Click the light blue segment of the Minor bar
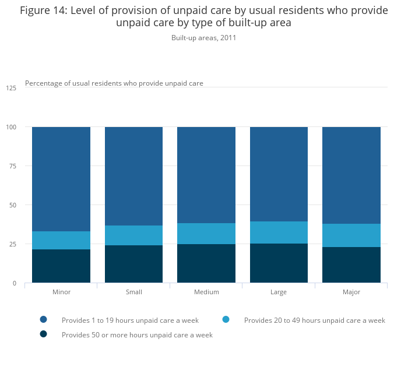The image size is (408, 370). pos(61,240)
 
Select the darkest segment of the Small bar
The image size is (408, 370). pos(133,264)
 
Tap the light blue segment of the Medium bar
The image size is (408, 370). pos(206,233)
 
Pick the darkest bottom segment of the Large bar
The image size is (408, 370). pos(279,263)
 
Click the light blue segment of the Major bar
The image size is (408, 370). pos(351,235)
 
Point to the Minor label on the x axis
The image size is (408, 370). pos(61,292)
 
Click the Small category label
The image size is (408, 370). pos(133,292)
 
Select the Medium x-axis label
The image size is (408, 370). pos(206,292)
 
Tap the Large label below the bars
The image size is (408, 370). pos(279,292)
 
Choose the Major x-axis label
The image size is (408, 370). pos(351,292)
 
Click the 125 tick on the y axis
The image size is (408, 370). pos(11,88)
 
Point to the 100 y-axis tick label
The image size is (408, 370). pos(11,127)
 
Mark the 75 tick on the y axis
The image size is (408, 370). pos(13,166)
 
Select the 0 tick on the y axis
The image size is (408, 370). pos(15,283)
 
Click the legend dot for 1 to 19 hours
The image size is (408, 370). pos(43,319)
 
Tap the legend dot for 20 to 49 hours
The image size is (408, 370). pos(226,319)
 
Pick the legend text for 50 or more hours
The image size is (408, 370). pos(137,335)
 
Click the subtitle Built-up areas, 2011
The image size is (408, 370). pos(203,38)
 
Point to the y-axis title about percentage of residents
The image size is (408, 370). pos(114,83)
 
